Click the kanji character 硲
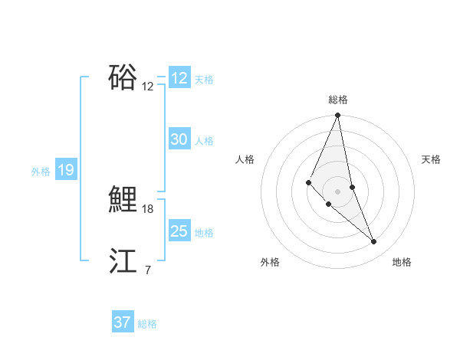point(123,77)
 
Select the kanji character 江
point(123,260)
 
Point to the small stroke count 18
point(148,208)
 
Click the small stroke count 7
point(147,270)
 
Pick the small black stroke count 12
point(148,87)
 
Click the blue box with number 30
point(179,139)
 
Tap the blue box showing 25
point(179,231)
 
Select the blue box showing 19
point(65,170)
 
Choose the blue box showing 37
point(122,322)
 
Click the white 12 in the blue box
point(179,78)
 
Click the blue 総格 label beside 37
point(147,324)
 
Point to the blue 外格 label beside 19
point(41,172)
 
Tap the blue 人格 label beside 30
point(204,141)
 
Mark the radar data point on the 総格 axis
point(337,116)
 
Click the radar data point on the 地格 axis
point(373,242)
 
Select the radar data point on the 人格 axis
point(308,182)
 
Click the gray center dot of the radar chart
point(337,191)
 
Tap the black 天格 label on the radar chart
point(431,159)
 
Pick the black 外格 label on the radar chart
point(270,262)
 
